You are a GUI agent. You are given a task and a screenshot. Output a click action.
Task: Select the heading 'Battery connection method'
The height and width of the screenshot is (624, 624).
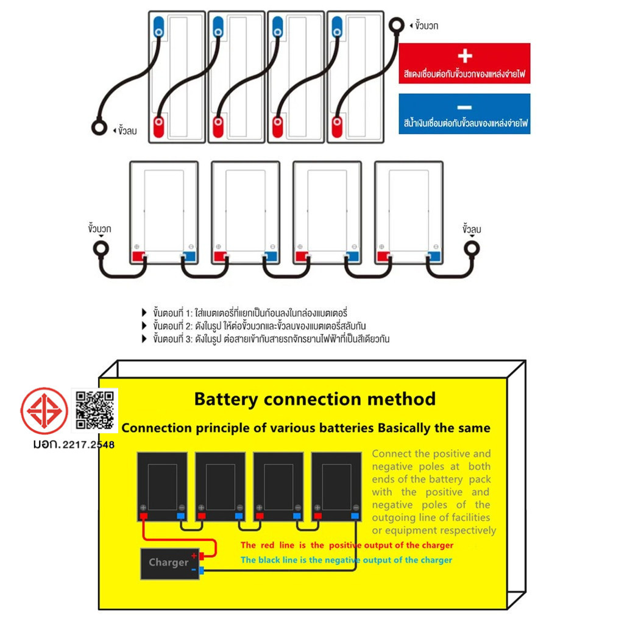click(314, 399)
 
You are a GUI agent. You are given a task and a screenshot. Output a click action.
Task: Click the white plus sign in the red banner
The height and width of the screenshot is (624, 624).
click(464, 56)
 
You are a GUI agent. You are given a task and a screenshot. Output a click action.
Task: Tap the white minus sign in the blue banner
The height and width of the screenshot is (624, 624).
click(464, 107)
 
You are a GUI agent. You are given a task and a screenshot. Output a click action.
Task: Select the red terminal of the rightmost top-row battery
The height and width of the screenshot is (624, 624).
click(337, 127)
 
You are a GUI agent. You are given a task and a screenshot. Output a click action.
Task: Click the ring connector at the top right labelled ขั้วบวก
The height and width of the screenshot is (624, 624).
click(397, 26)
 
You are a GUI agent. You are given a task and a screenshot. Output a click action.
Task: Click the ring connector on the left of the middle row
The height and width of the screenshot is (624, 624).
click(100, 249)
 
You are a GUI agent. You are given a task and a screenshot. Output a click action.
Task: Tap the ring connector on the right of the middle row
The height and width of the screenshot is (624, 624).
click(472, 249)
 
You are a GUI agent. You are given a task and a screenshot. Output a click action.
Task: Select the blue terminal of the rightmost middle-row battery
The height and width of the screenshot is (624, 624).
click(433, 257)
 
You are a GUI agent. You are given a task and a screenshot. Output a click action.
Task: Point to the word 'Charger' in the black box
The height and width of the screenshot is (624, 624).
click(168, 562)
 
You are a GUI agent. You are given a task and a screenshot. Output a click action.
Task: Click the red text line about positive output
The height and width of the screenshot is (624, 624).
click(347, 545)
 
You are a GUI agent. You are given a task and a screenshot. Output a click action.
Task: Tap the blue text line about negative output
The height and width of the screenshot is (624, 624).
click(346, 560)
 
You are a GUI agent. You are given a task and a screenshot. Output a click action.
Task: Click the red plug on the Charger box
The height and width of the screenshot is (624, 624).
click(202, 556)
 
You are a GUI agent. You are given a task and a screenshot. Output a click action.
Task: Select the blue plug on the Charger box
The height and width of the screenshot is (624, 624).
click(202, 570)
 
